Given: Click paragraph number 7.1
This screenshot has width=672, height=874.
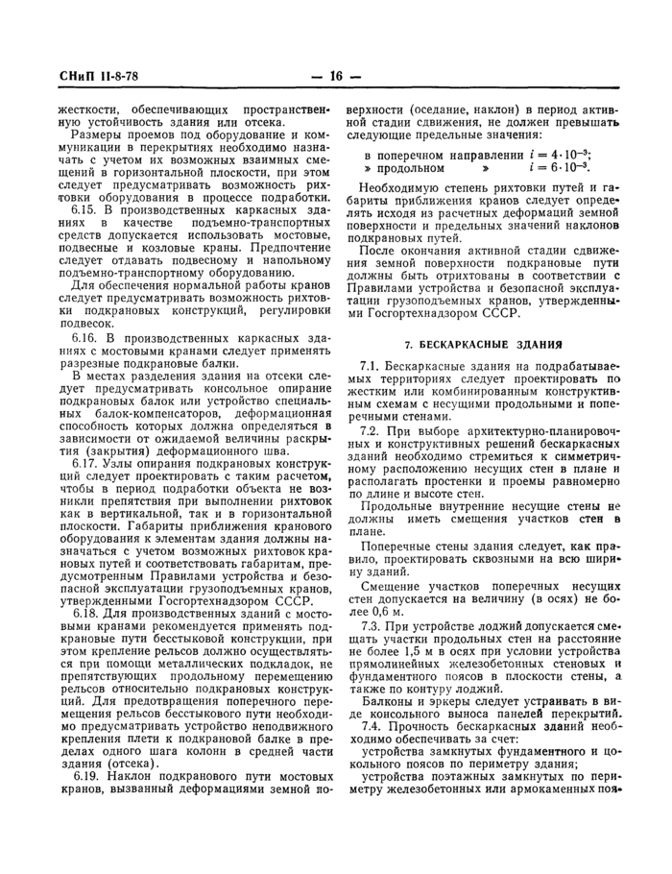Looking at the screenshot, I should (371, 368).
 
